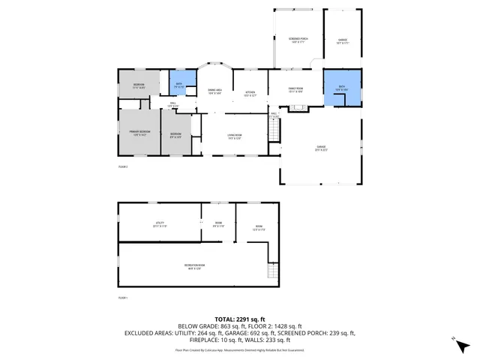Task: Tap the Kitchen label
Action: click(x=250, y=94)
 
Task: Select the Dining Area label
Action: click(x=215, y=91)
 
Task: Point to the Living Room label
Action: click(x=233, y=136)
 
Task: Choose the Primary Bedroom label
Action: click(x=139, y=133)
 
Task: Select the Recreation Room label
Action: click(x=195, y=266)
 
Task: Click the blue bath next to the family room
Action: click(x=341, y=88)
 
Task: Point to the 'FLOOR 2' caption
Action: click(x=123, y=166)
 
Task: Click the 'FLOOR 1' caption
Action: click(x=123, y=298)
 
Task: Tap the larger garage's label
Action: click(x=320, y=149)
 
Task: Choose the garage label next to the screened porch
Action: click(x=342, y=41)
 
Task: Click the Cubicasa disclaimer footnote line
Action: click(x=239, y=349)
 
